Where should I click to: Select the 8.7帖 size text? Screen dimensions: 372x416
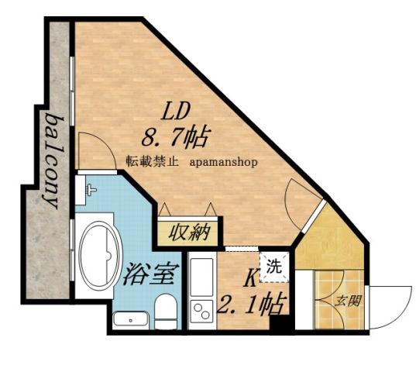coord(176,139)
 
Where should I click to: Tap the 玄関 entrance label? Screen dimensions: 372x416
coord(345,301)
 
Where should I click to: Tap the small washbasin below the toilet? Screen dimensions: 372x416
coord(128,319)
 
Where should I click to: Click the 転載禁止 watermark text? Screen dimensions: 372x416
coord(153,164)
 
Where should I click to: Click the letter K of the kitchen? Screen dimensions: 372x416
coord(252,277)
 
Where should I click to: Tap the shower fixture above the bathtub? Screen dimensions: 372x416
coord(90,188)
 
